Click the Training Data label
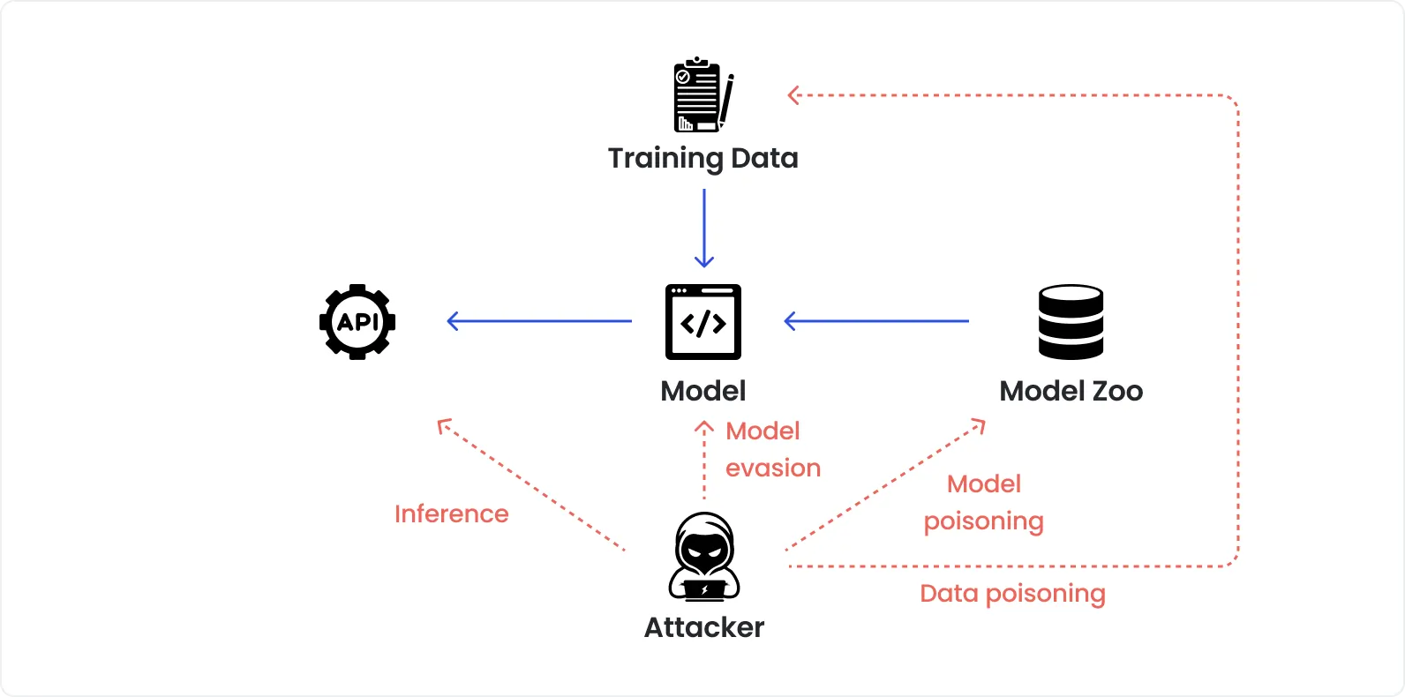702,158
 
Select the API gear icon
357,322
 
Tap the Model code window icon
703,322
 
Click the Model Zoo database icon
1071,322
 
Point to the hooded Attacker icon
704,557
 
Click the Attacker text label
704,627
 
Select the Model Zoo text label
1071,391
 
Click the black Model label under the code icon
703,391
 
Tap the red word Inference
451,513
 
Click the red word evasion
773,468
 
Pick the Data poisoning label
1012,593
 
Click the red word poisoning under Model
983,521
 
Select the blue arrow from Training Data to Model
704,228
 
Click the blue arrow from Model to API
538,321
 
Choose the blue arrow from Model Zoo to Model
875,321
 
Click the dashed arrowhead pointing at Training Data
793,95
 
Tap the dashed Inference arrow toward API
530,484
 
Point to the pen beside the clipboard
726,101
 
